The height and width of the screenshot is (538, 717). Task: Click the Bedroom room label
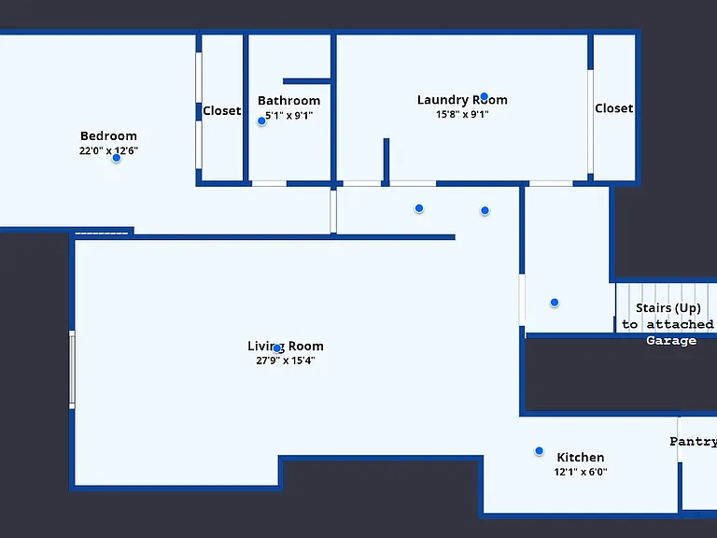pos(108,135)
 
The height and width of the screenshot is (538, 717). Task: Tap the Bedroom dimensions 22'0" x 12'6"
pos(108,150)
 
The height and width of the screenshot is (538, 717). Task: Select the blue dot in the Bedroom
pos(116,158)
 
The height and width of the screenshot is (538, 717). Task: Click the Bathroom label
pos(289,101)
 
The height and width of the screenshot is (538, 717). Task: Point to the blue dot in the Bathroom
pos(261,121)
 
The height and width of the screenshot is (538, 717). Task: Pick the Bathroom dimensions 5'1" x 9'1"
pos(289,115)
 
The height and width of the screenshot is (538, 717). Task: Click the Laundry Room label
pos(462,100)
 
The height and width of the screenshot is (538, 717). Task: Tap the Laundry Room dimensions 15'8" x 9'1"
pos(462,114)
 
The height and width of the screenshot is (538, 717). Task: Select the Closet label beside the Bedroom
pos(222,111)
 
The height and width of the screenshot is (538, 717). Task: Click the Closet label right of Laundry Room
pos(614,108)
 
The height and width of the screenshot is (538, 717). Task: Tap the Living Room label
pos(286,347)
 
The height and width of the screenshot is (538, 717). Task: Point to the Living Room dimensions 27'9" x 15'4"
pos(286,361)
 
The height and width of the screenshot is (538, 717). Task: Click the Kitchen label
pos(581,458)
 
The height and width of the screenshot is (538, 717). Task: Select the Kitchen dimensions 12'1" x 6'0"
pos(581,472)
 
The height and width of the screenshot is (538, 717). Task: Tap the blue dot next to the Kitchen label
pos(539,451)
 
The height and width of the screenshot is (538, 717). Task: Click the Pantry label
pos(694,442)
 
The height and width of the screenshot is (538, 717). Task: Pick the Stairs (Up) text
pos(668,308)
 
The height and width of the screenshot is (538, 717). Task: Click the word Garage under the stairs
pos(671,340)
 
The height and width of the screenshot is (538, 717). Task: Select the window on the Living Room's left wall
pos(72,370)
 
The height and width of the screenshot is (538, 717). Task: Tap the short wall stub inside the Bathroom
pos(307,81)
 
